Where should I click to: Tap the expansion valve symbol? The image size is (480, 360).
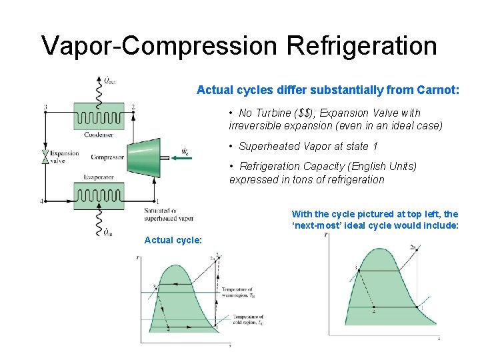[x=45, y=157]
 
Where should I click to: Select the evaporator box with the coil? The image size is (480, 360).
[x=99, y=195]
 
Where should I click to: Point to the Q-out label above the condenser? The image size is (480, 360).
[x=109, y=81]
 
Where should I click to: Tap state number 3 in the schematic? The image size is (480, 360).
[x=45, y=107]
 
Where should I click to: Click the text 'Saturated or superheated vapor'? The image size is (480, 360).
[x=168, y=215]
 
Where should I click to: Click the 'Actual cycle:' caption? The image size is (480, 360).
[x=173, y=240]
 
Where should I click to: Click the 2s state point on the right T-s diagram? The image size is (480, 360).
[x=413, y=248]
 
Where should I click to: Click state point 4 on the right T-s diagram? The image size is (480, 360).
[x=373, y=311]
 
